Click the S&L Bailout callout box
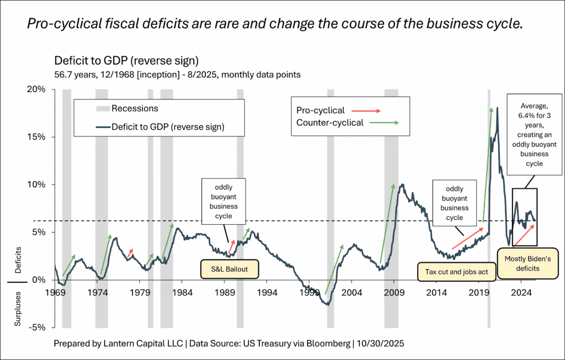[228, 269]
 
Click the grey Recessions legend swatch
[102, 108]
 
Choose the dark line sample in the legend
[102, 128]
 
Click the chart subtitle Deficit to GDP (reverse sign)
[126, 60]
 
